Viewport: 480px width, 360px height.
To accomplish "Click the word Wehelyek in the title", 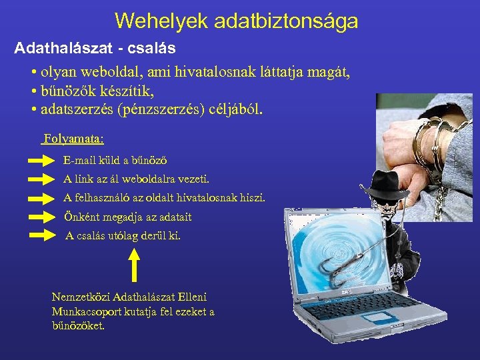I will (x=161, y=21).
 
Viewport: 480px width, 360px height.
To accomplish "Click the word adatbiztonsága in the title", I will (x=287, y=21).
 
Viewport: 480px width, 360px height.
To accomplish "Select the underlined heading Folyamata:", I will (x=73, y=140).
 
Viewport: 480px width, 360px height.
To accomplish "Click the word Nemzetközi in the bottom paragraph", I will (x=81, y=297).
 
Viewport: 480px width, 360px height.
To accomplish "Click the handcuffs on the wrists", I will (x=427, y=143).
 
